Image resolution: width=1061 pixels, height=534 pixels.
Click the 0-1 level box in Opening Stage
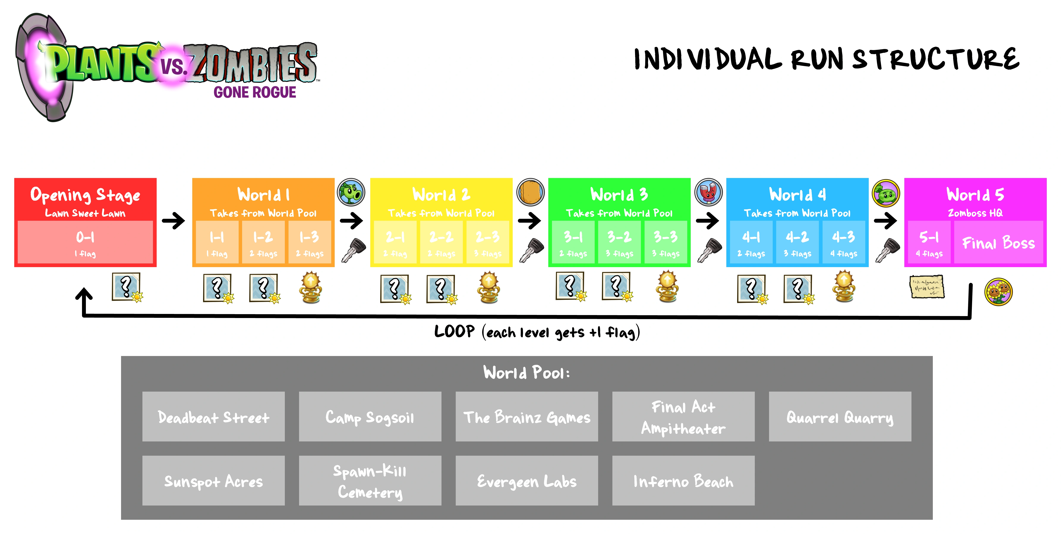coord(85,242)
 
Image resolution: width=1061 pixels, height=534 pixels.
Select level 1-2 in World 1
coord(263,242)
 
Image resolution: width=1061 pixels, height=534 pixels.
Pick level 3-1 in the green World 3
coord(573,242)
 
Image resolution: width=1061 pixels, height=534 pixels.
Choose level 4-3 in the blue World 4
coord(843,242)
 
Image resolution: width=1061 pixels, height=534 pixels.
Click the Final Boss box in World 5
coord(998,242)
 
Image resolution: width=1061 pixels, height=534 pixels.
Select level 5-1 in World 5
coord(929,242)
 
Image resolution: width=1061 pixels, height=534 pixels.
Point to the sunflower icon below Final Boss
coord(998,291)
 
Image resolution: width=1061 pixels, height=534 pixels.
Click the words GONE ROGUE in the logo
coord(255,92)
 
